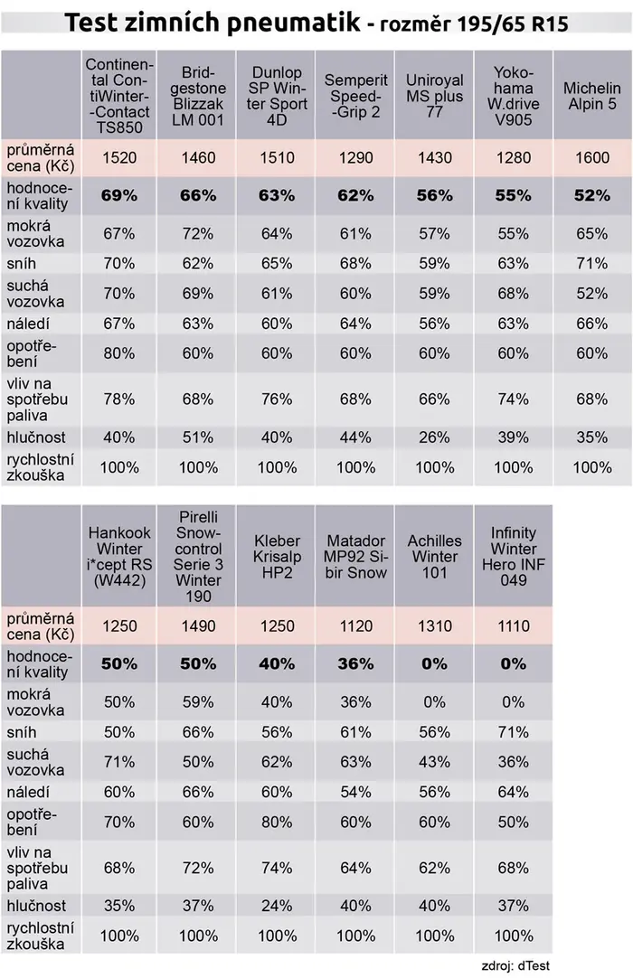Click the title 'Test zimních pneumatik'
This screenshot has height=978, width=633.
(x=213, y=23)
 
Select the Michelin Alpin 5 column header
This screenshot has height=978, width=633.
(x=591, y=96)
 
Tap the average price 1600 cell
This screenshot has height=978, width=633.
(x=591, y=157)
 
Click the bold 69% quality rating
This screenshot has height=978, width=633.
(x=119, y=195)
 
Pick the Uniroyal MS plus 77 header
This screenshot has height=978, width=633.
(x=434, y=96)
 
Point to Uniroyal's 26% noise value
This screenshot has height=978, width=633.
(x=434, y=437)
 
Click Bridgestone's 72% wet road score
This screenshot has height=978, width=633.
(x=198, y=234)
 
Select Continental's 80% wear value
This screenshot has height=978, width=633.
(x=119, y=353)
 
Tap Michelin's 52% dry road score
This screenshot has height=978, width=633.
(x=591, y=293)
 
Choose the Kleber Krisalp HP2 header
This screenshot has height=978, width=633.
(x=277, y=557)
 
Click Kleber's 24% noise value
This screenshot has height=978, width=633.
(x=277, y=906)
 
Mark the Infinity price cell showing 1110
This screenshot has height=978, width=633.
(x=513, y=625)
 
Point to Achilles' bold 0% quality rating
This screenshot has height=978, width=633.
(x=434, y=663)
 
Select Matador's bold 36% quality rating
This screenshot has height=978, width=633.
(x=355, y=663)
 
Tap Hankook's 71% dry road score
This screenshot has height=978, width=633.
(x=119, y=762)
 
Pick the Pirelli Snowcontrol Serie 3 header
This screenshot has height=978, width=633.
(x=198, y=557)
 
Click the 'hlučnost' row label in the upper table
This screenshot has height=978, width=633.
(x=36, y=437)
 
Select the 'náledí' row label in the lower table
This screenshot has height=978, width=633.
(x=28, y=792)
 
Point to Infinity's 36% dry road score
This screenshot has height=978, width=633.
(x=513, y=762)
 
